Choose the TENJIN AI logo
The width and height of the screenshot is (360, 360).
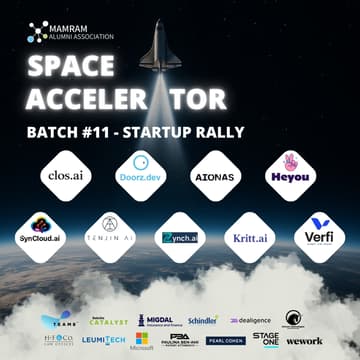tap(109, 235)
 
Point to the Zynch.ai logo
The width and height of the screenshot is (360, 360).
tap(180, 237)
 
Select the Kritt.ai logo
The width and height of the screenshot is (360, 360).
tap(250, 237)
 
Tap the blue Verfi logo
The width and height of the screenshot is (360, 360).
tap(320, 235)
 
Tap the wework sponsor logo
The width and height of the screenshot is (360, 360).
tap(303, 341)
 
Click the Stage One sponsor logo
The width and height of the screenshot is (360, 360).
tap(265, 340)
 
